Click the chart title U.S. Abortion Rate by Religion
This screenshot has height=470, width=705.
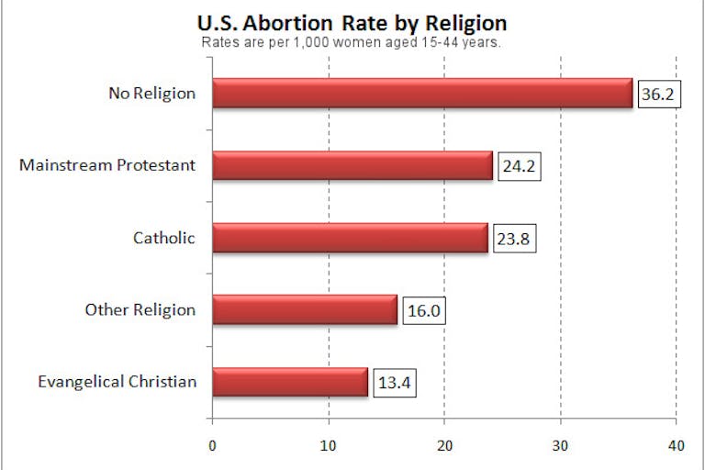[x=352, y=22]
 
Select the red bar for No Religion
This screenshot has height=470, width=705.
[x=422, y=94]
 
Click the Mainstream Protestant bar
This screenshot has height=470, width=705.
[x=352, y=165]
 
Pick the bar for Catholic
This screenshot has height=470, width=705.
[x=350, y=238]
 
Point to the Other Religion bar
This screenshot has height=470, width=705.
[x=305, y=309]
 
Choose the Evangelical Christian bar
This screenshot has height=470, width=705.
[x=290, y=381]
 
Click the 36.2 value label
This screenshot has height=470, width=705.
[x=660, y=94]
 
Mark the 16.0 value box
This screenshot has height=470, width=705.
[x=424, y=310]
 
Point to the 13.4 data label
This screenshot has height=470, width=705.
[x=395, y=382]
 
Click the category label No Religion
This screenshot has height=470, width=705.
[x=152, y=94]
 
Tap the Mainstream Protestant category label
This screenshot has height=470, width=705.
[x=107, y=166]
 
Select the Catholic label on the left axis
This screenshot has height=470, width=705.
[x=164, y=238]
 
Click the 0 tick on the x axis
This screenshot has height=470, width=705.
[x=212, y=446]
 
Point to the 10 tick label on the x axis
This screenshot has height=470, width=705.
[x=328, y=446]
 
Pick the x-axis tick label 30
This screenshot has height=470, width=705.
[x=560, y=446]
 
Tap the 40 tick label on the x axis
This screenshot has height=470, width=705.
[x=677, y=446]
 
